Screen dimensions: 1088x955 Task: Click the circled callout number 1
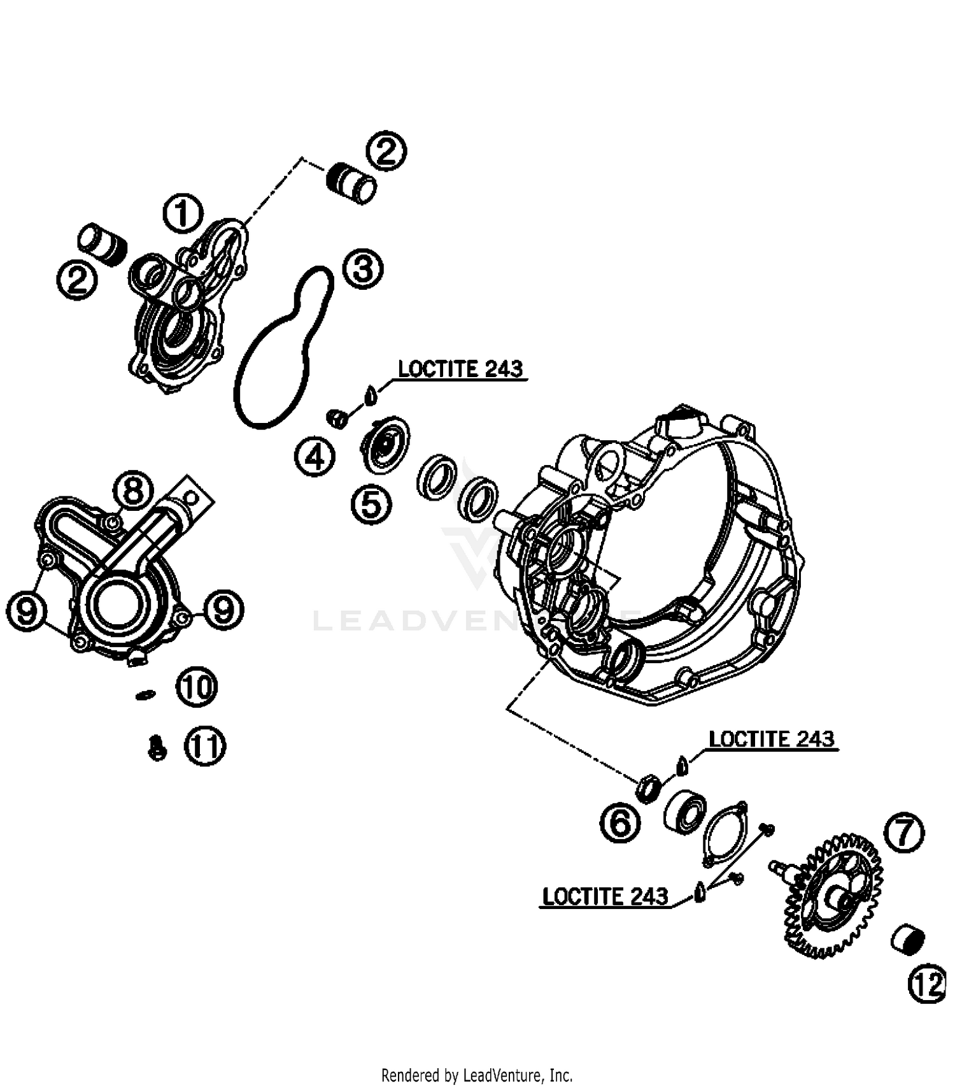point(183,213)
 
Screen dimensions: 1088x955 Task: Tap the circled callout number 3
point(363,269)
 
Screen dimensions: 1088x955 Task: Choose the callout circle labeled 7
point(905,834)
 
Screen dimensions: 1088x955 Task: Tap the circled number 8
point(132,491)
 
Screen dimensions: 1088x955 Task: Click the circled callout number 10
point(197,687)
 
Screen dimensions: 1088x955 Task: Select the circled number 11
point(205,746)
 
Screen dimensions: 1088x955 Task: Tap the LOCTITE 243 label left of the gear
point(605,896)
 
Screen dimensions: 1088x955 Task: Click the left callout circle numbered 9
point(26,612)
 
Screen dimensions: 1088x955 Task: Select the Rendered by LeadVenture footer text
point(477,1076)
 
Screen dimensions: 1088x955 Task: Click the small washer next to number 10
point(145,694)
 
